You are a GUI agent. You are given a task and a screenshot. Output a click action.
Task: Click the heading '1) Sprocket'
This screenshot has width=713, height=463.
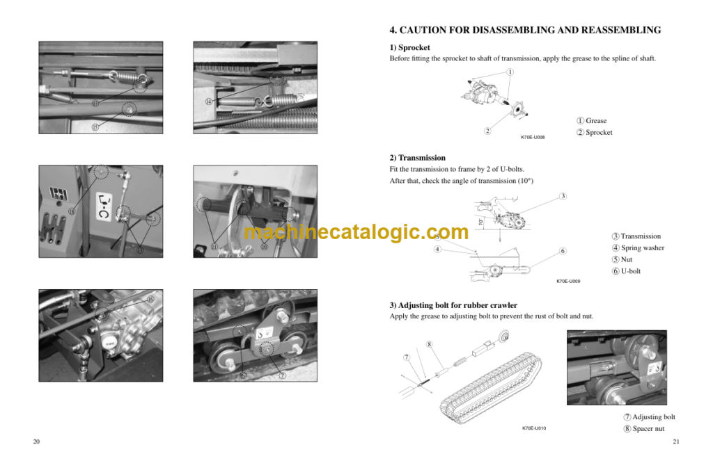coord(409,47)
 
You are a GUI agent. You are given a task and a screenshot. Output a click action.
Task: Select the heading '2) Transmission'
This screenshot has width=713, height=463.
coord(417,158)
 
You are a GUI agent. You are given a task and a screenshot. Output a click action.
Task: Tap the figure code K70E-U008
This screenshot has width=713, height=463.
coord(533,138)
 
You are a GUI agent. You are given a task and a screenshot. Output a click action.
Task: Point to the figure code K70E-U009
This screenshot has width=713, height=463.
coord(568,281)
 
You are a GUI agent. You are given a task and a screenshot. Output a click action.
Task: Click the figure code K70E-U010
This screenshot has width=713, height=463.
coord(534,428)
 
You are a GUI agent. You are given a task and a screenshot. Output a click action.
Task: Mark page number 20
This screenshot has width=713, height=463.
coord(36,442)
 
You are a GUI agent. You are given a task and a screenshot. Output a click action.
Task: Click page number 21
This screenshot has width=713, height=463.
coord(675,442)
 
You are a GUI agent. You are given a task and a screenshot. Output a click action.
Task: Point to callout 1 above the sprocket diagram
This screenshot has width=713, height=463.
coord(510,72)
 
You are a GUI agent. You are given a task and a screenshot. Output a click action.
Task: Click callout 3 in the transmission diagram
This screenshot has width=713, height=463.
coord(563,196)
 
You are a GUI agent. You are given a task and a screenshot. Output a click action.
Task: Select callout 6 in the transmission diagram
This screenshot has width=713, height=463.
coord(563,251)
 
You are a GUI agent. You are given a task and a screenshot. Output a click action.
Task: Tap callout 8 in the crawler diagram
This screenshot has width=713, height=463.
coord(429,344)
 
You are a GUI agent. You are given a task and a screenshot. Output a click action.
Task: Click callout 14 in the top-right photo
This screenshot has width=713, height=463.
coord(208,101)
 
